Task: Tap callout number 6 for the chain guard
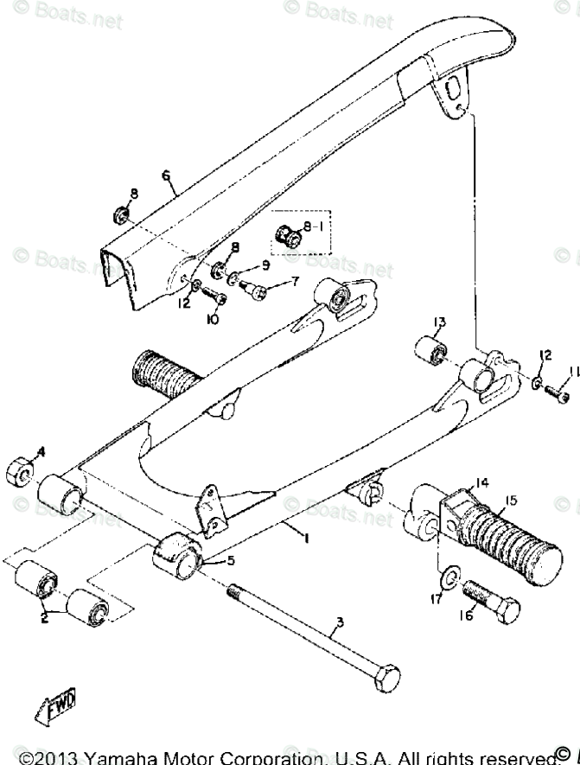[x=166, y=175]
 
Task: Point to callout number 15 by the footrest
[x=513, y=500]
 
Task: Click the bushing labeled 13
[x=432, y=350]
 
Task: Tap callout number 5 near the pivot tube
[x=230, y=560]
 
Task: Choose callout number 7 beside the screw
[x=294, y=281]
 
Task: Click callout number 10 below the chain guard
[x=211, y=319]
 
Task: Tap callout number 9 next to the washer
[x=252, y=265]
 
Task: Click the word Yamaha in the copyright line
[x=112, y=756]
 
